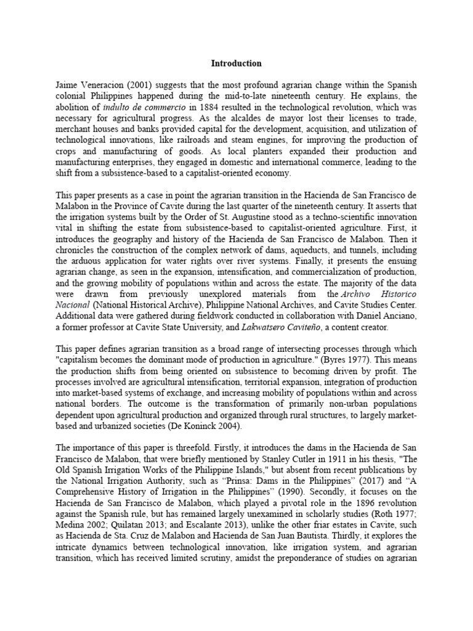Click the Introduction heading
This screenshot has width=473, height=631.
[236, 63]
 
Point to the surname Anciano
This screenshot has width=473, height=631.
[401, 315]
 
